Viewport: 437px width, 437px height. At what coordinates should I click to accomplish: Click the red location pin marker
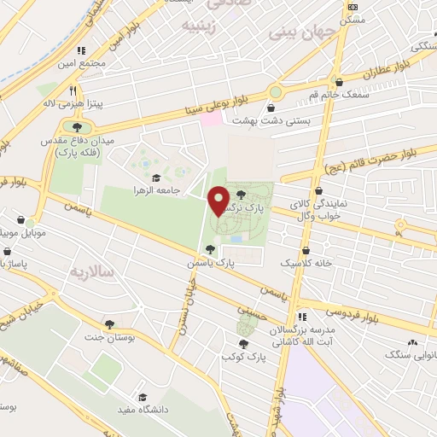click(219, 201)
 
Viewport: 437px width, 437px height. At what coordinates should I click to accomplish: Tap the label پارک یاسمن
click(211, 265)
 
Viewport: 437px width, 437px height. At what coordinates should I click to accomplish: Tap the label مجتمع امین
click(83, 64)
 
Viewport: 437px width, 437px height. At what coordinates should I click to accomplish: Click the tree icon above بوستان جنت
click(109, 324)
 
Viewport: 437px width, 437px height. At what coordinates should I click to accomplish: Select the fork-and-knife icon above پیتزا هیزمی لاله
click(73, 90)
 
